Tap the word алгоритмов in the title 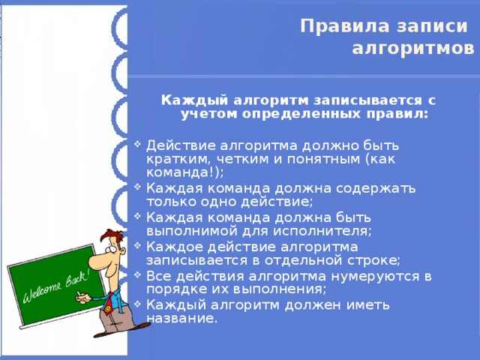click(x=413, y=49)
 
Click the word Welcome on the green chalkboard click(x=42, y=290)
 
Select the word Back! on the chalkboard click(x=76, y=277)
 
